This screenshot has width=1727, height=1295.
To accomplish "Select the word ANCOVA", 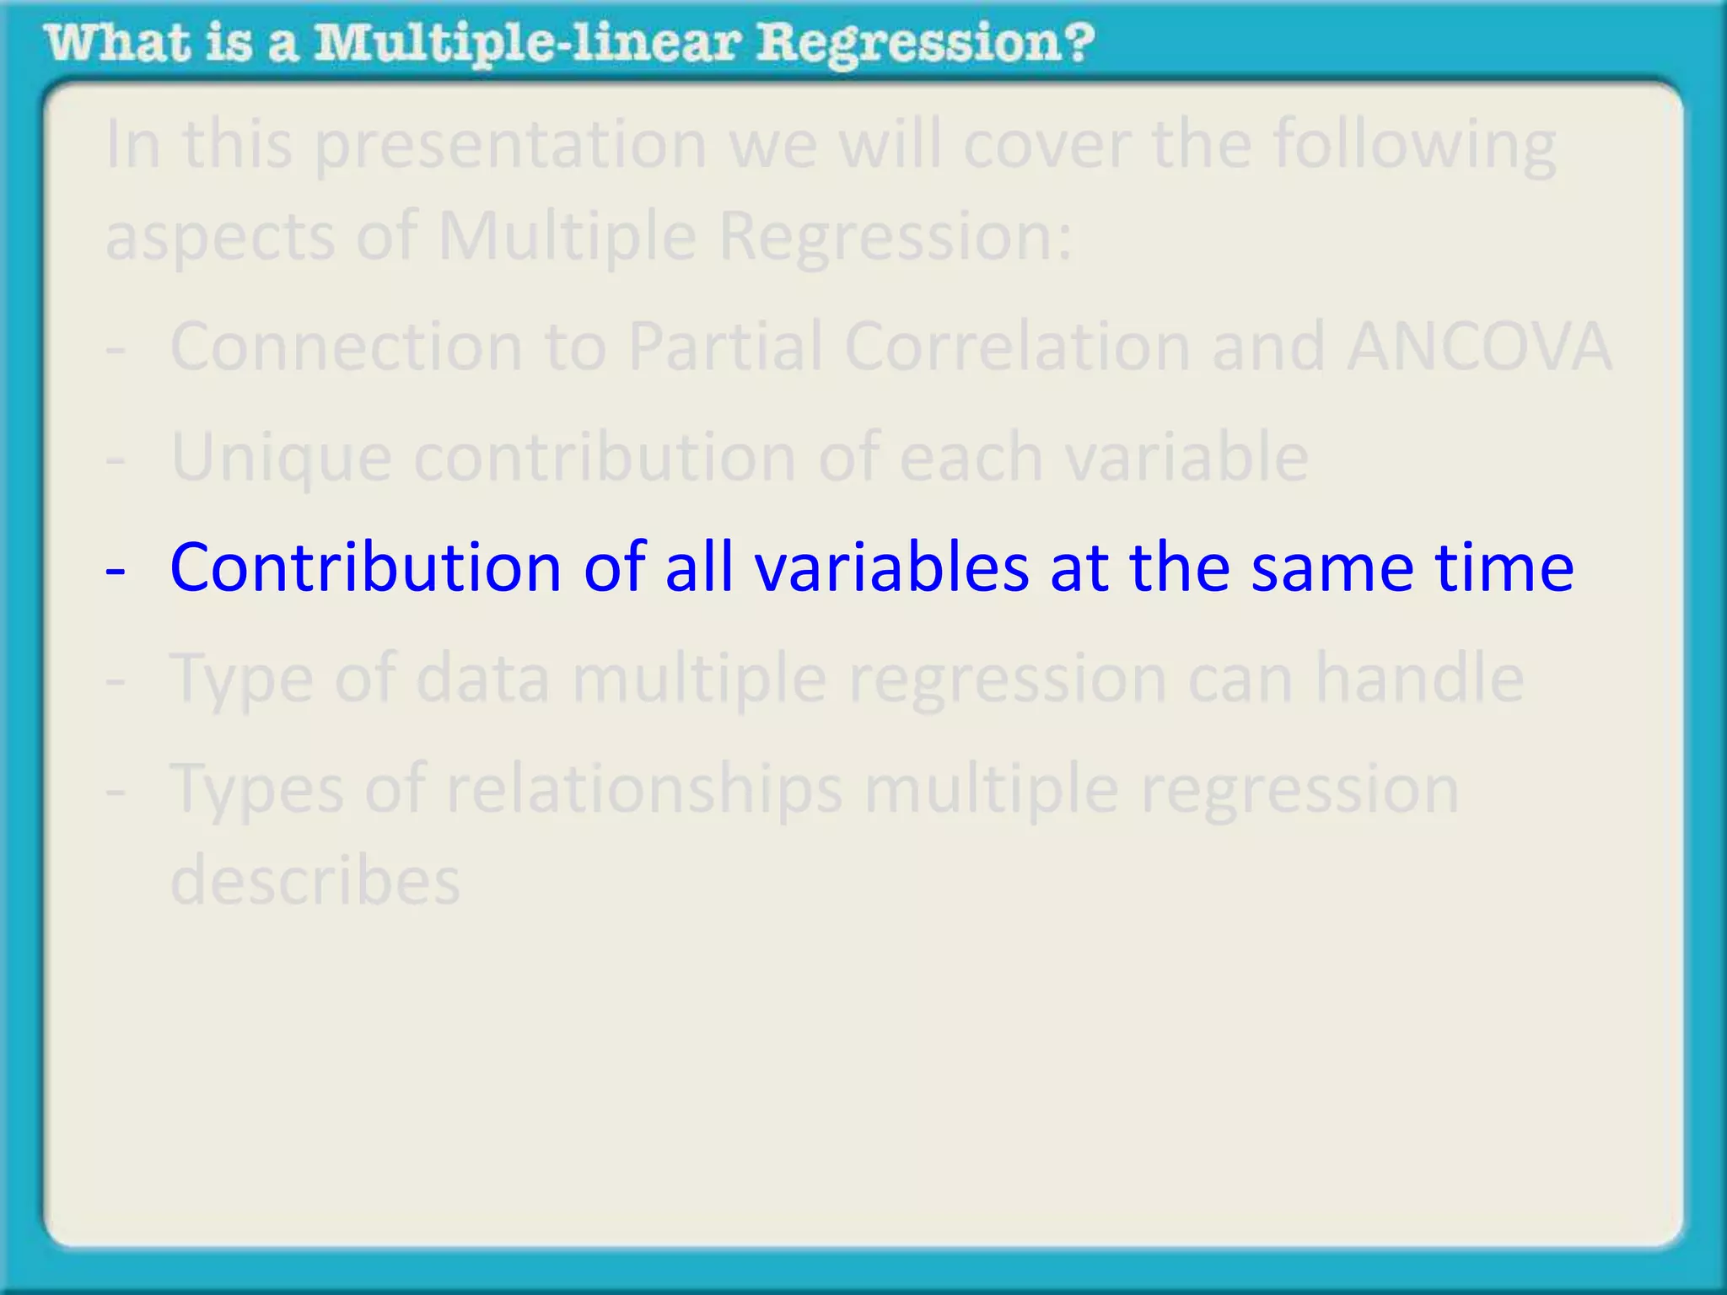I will click(x=1479, y=347).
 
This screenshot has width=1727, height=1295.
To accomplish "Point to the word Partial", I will click(x=725, y=347).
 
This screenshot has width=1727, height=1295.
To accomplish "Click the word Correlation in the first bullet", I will click(x=1017, y=347).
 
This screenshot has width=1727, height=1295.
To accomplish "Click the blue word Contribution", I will click(x=365, y=567).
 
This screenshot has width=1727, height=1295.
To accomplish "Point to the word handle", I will click(x=1419, y=678).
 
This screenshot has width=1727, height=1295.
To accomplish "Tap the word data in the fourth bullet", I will click(x=482, y=678).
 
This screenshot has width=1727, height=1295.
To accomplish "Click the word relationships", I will click(x=644, y=790).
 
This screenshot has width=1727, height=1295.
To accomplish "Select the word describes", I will click(x=315, y=880).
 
